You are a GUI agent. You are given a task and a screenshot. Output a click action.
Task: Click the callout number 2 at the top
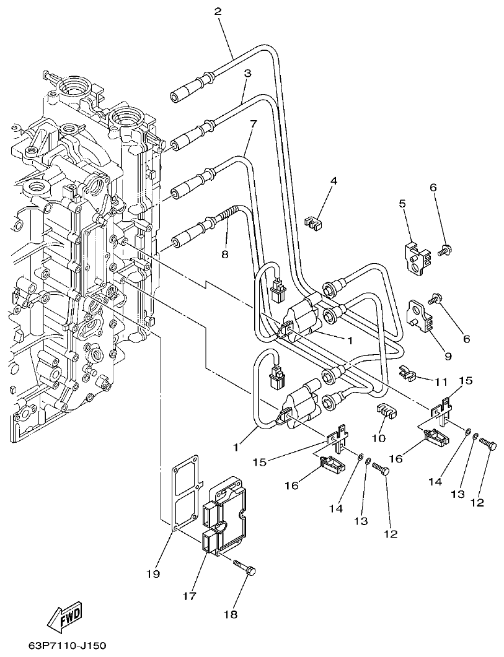pos(217,12)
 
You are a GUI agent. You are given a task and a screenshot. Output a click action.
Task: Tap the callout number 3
pos(247,73)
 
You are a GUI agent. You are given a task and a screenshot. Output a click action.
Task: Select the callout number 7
pos(252,124)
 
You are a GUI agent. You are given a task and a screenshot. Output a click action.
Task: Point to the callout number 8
pos(224,253)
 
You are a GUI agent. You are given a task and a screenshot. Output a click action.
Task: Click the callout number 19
pos(153,575)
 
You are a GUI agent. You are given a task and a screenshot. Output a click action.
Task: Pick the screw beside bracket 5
pos(444,251)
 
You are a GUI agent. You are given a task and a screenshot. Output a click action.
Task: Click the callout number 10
pos(378,438)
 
